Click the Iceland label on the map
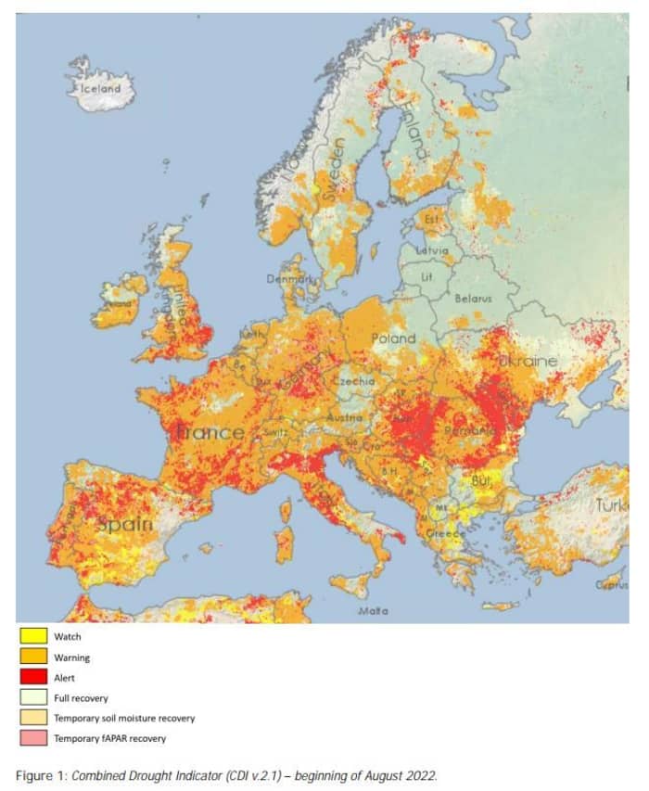coord(101,88)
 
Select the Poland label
coord(394,338)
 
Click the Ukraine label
coord(528,360)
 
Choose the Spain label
coord(124,524)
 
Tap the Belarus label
coord(473,299)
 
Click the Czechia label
coord(357,381)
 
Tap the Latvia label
coord(432,250)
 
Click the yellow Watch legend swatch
coord(34,637)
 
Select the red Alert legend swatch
coord(34,678)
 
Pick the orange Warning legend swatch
coord(34,657)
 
